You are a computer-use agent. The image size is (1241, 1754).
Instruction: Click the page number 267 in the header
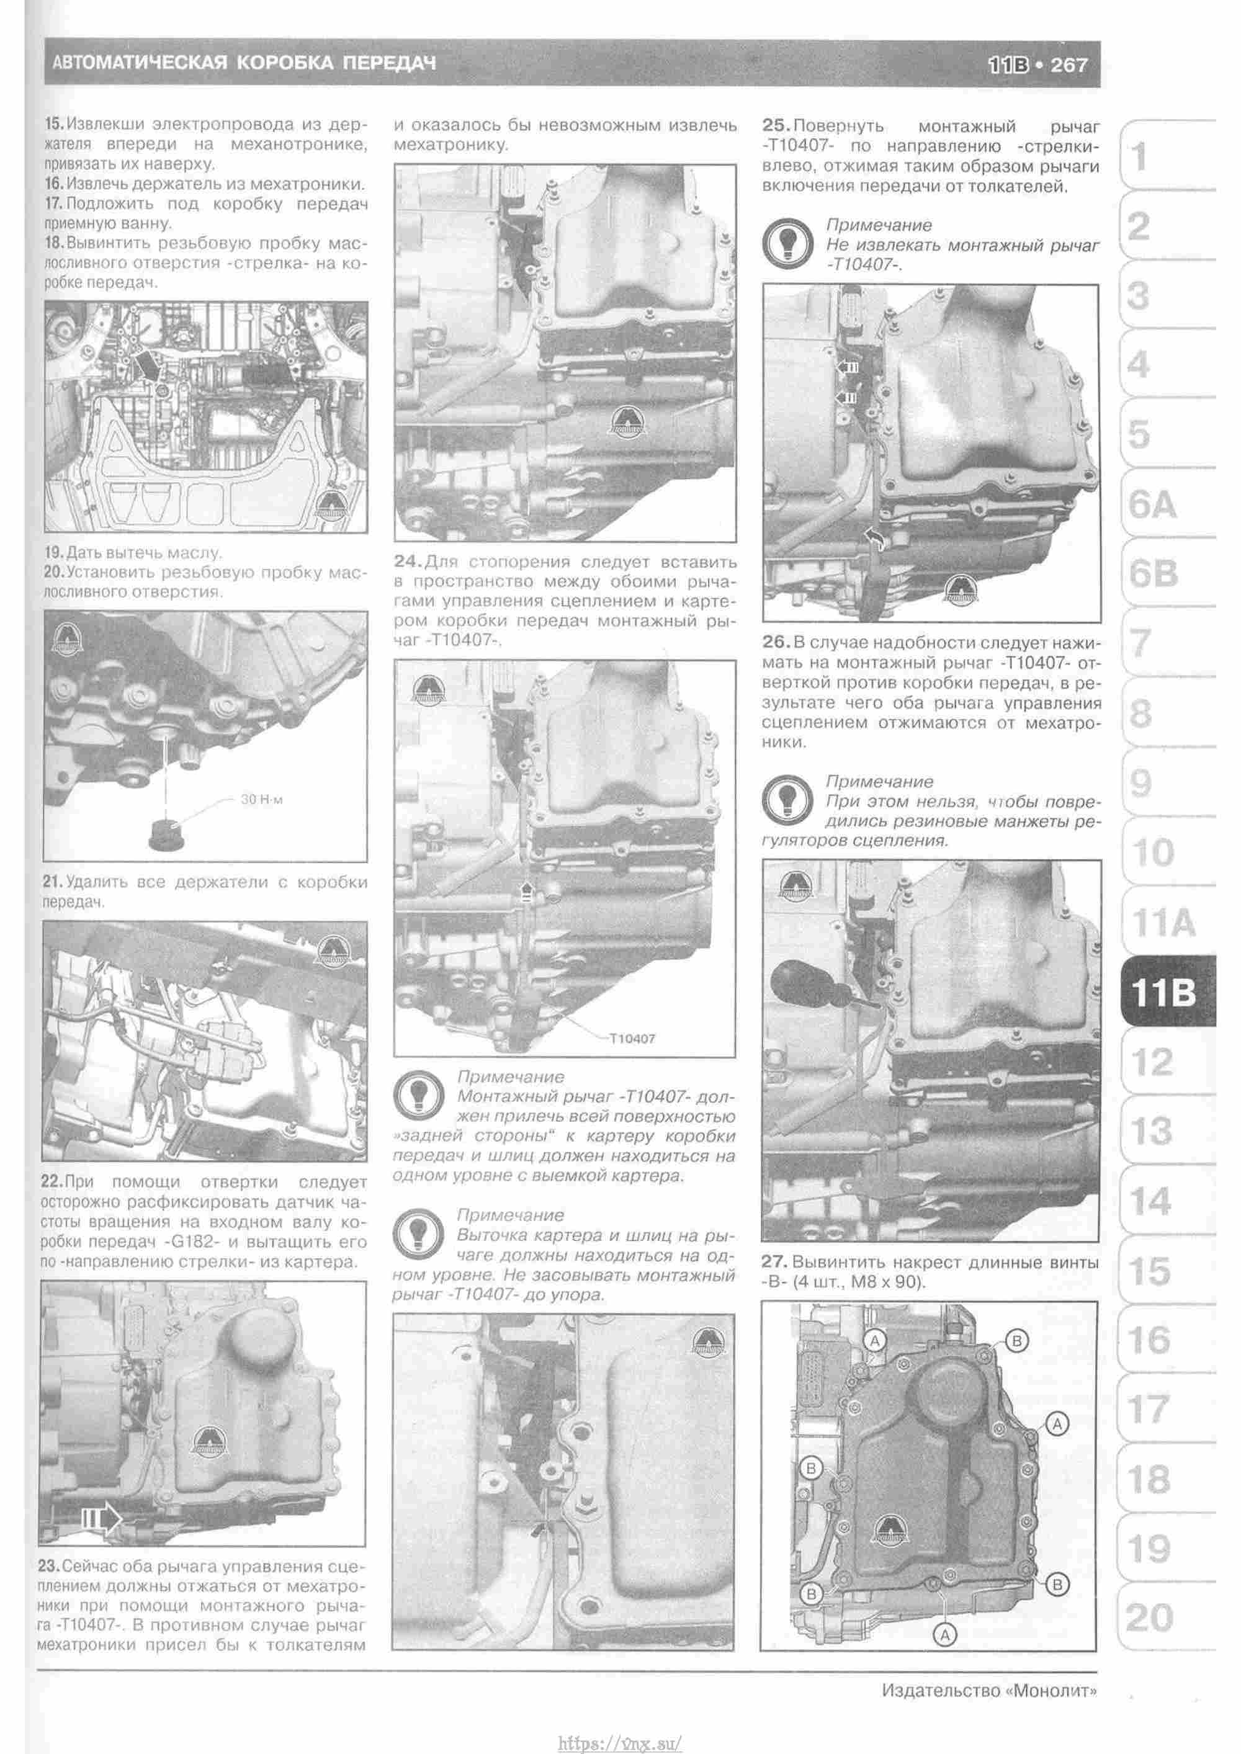1069,65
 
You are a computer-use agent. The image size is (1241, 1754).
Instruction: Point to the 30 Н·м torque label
261,800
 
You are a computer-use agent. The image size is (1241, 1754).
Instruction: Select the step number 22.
52,1182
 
